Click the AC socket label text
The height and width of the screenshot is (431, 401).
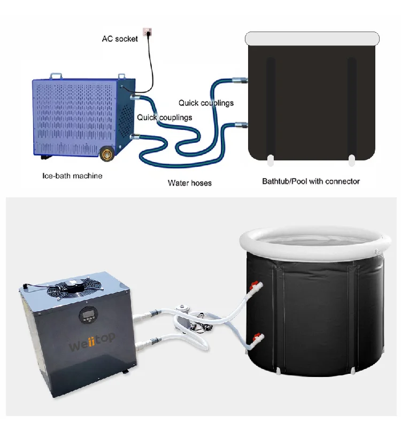[120, 39]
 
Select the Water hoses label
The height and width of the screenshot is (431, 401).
[189, 183]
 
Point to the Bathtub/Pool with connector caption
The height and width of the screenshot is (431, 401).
[311, 181]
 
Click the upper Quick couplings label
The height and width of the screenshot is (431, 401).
[206, 103]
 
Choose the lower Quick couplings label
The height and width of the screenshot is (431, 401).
[164, 117]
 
